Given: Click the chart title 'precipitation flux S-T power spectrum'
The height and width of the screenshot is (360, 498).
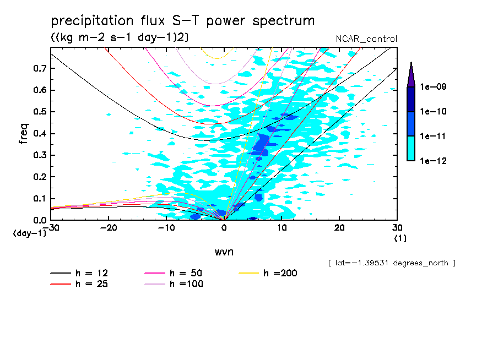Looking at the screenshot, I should coord(183,21).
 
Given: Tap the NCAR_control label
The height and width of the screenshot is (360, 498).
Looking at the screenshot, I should coord(366,39).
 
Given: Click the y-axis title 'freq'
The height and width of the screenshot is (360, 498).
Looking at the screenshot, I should coord(23,134).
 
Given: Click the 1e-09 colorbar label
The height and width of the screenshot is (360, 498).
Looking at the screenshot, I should coord(433,87).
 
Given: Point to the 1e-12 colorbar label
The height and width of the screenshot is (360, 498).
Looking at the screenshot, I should coord(433,161).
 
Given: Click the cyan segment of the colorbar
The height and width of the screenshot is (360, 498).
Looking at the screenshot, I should coord(411,148).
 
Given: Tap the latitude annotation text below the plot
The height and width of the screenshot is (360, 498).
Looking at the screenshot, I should coord(391,263).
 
